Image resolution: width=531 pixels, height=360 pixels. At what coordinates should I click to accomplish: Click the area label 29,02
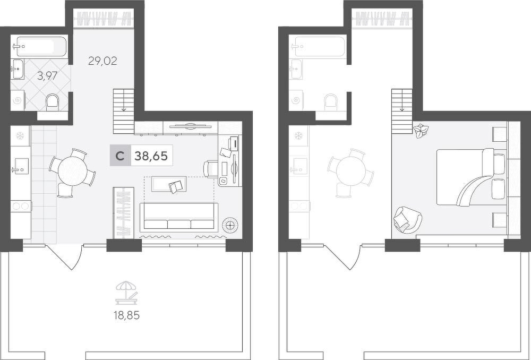[x=102, y=61]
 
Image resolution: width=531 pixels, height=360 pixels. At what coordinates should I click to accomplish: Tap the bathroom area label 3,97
[x=47, y=76]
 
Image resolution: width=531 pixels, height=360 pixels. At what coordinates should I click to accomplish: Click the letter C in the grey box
[x=119, y=156]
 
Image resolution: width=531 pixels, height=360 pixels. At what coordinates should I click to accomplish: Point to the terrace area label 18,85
[x=127, y=315]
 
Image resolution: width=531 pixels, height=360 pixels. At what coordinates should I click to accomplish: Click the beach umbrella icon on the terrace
[x=127, y=293]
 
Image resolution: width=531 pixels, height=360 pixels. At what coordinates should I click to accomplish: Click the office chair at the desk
[x=210, y=169]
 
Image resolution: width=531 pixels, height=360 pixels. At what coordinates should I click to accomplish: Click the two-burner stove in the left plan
[x=21, y=205]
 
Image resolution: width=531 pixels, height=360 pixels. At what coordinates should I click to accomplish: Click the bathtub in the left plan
[x=40, y=46]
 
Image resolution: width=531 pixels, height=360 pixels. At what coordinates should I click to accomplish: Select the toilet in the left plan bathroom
[x=52, y=101]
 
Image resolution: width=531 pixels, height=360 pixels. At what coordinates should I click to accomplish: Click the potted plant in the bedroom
[x=421, y=131]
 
